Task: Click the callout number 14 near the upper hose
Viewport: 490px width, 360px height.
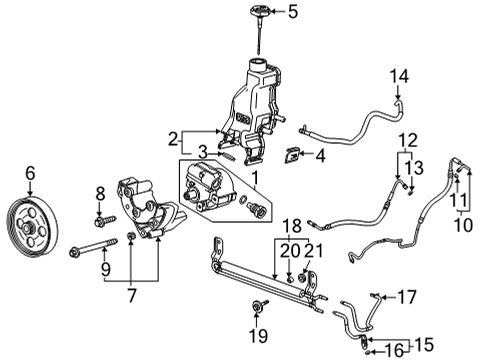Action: [x=400, y=76]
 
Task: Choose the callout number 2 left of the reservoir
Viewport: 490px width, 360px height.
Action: [x=172, y=139]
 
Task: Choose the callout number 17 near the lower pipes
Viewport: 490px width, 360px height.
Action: [x=407, y=296]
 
